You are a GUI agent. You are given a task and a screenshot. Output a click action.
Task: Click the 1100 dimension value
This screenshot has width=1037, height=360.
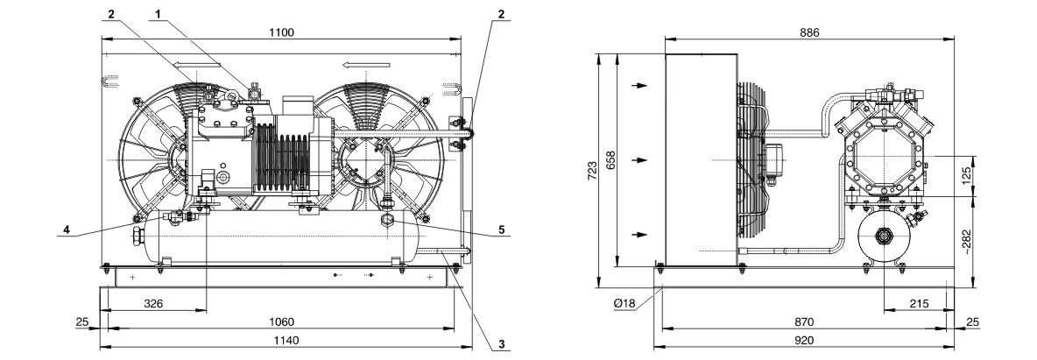[x=282, y=32]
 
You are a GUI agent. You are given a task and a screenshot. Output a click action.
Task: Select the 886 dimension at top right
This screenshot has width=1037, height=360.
[x=808, y=32]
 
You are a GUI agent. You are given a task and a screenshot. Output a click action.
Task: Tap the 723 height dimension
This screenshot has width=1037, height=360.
[x=593, y=170]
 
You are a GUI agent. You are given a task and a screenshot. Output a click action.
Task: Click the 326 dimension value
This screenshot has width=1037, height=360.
[x=154, y=304]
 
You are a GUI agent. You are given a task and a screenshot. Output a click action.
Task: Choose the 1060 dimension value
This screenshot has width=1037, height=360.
[x=282, y=322]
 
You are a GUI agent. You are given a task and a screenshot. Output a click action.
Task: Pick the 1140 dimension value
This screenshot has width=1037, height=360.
[x=286, y=341]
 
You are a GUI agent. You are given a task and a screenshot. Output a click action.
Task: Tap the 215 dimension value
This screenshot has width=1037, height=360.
[x=920, y=304]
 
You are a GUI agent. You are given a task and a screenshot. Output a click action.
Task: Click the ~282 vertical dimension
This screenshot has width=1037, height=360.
[x=966, y=242]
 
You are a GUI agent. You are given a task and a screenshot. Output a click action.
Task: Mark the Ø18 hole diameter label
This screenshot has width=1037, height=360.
[x=624, y=304]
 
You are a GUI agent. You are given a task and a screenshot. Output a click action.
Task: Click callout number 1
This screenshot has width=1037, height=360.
[x=158, y=13]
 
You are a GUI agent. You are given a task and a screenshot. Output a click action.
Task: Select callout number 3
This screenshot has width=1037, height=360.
[x=502, y=344]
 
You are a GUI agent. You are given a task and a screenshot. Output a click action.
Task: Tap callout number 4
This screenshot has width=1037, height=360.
[x=67, y=229]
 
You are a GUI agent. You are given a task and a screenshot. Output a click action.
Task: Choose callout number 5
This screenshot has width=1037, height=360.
[x=502, y=229]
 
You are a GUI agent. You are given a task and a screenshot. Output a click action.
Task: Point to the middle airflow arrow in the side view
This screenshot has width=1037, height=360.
[x=638, y=160]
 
